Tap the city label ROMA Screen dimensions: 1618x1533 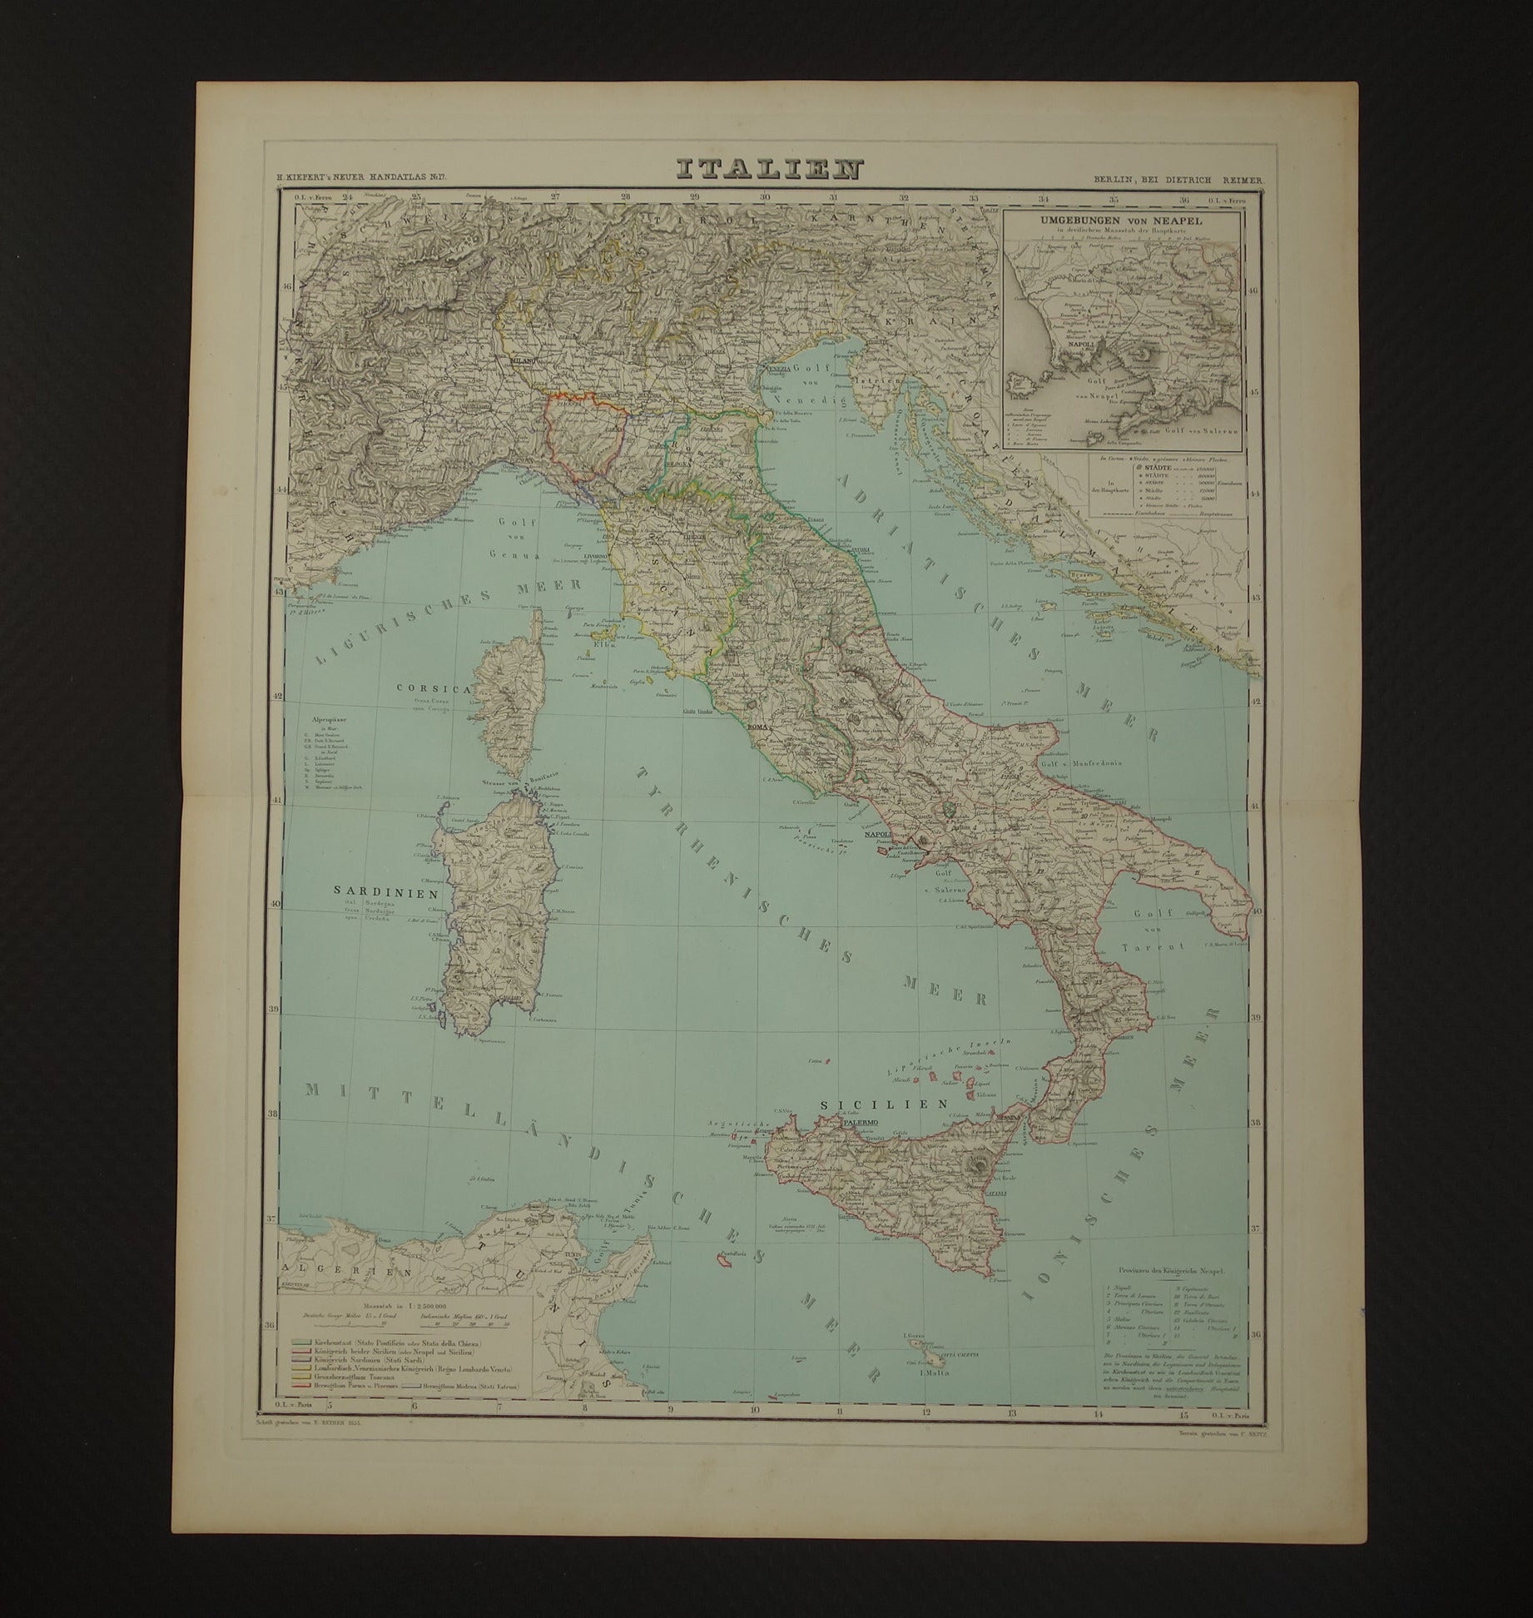tap(761, 727)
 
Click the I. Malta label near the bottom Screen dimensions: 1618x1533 tap(936, 1374)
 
